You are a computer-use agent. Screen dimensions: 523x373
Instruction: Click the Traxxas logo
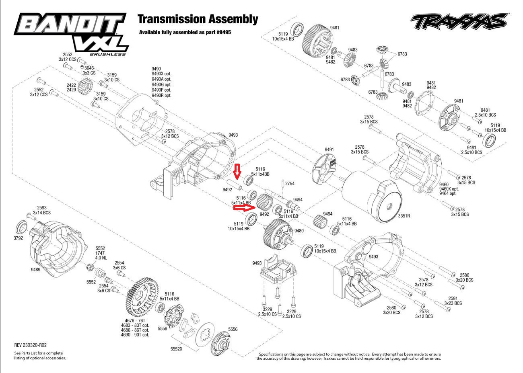[459, 21]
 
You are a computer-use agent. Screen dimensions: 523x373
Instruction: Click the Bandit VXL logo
[71, 34]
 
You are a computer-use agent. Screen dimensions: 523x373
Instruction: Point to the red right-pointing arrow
[245, 207]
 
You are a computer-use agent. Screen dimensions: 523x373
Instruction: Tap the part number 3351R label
[404, 216]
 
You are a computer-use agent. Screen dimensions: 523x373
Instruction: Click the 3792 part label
[18, 238]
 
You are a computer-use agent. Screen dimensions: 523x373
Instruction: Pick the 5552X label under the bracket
[176, 349]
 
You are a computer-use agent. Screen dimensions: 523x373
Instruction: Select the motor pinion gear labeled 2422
[85, 87]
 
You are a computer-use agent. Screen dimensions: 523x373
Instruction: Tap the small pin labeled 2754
[283, 184]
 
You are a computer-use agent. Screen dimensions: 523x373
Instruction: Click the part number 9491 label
[329, 150]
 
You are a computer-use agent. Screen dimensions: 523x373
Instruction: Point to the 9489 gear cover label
[35, 269]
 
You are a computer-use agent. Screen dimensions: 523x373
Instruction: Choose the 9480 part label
[299, 231]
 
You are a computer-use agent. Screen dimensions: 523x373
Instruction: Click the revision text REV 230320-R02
[30, 345]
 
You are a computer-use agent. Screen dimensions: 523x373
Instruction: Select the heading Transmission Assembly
[198, 19]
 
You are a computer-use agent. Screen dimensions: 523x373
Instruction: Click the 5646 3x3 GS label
[89, 70]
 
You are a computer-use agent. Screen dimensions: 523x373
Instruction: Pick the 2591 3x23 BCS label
[453, 301]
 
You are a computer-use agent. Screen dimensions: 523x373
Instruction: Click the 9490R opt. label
[161, 95]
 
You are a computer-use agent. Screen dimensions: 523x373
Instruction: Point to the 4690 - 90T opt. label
[135, 335]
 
